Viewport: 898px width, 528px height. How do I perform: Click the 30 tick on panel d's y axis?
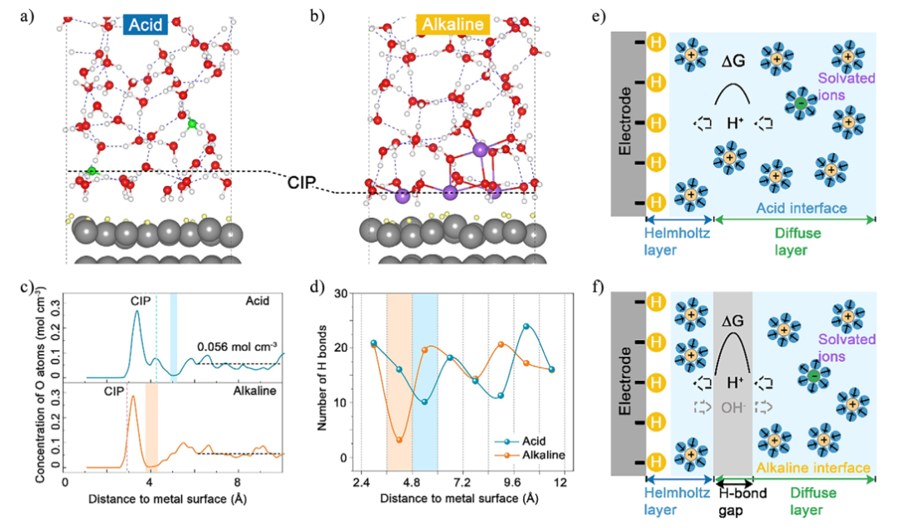[x=343, y=294]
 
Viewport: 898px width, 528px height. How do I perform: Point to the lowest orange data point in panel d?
[x=399, y=440]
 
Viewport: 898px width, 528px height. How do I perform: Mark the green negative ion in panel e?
[x=799, y=103]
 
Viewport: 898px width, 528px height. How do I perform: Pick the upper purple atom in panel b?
[x=480, y=151]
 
